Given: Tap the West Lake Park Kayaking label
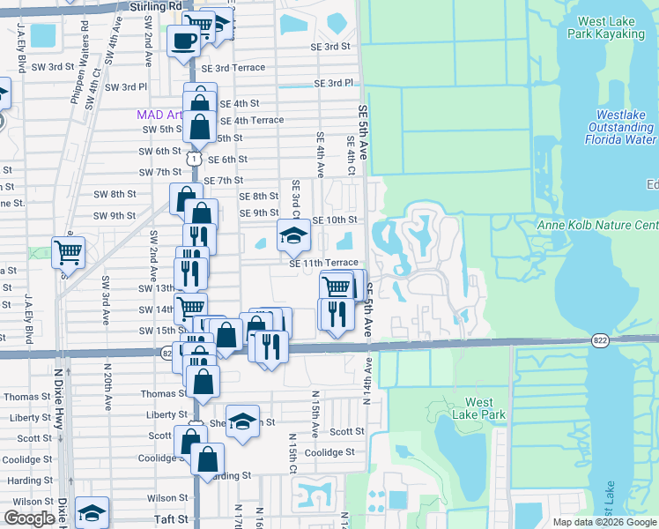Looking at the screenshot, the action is tap(614, 27).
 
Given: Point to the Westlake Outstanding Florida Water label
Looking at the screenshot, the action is tap(613, 126).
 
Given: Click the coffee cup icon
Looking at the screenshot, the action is tap(184, 41).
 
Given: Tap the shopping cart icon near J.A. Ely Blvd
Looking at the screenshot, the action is tap(68, 253).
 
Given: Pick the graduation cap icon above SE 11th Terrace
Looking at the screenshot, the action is tap(293, 235).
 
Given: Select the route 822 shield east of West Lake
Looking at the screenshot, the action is tap(599, 340).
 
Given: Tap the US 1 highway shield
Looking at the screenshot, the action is tap(193, 157).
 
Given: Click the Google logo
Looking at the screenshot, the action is tap(29, 518).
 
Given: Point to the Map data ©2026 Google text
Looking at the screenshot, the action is tap(604, 522).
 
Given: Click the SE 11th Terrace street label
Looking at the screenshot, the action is tap(323, 263).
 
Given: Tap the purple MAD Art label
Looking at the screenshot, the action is tap(159, 115).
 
